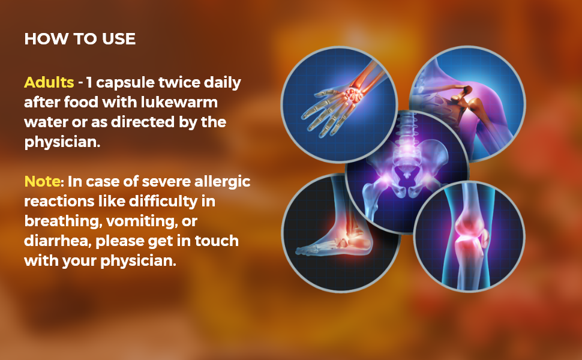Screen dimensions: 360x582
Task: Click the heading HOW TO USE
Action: [x=80, y=40]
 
